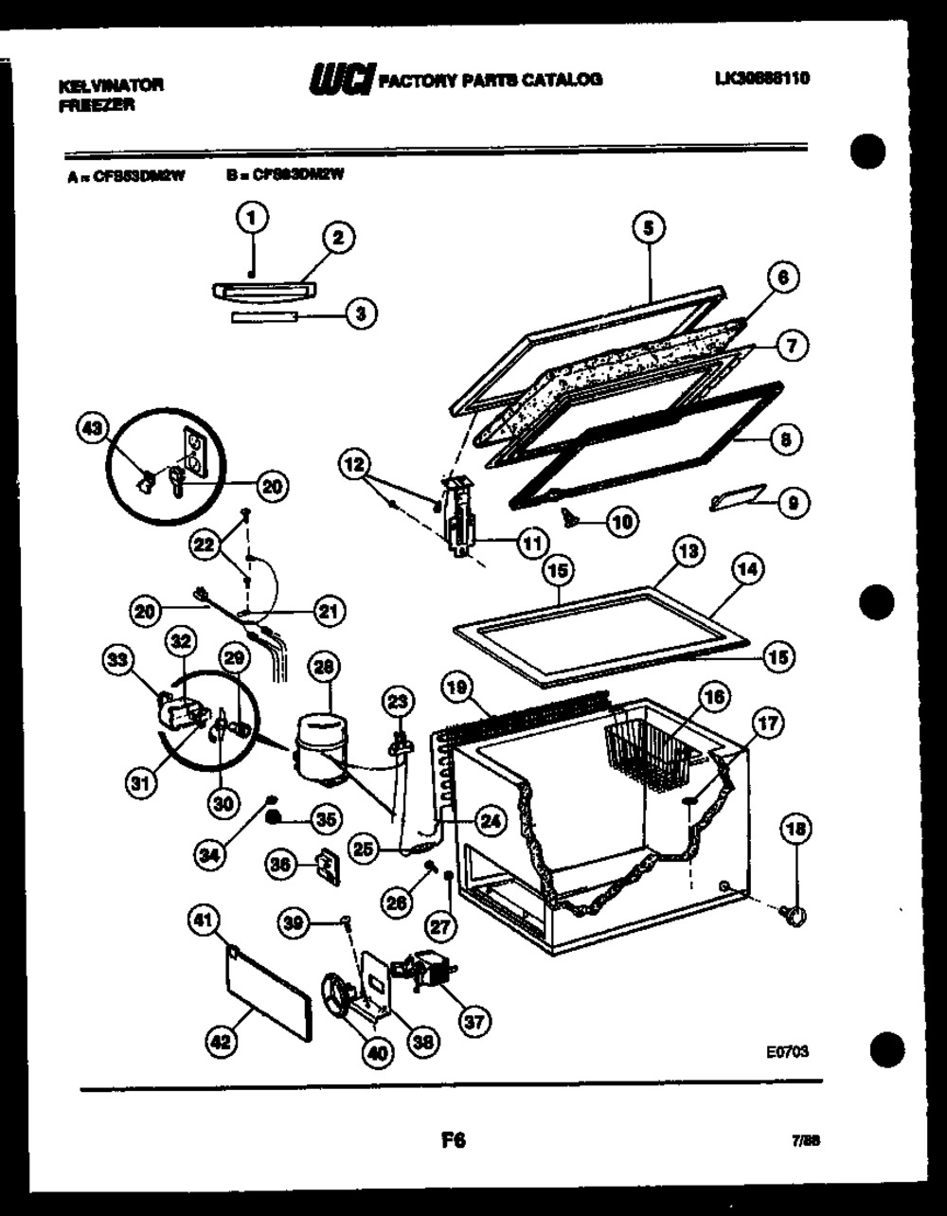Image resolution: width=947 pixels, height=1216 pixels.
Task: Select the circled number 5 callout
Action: pyautogui.click(x=650, y=228)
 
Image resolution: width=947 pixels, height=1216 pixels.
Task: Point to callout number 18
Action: pyautogui.click(x=794, y=831)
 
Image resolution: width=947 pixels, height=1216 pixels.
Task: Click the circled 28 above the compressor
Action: pyautogui.click(x=325, y=668)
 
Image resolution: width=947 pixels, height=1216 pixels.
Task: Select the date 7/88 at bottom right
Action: pyautogui.click(x=805, y=1142)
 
